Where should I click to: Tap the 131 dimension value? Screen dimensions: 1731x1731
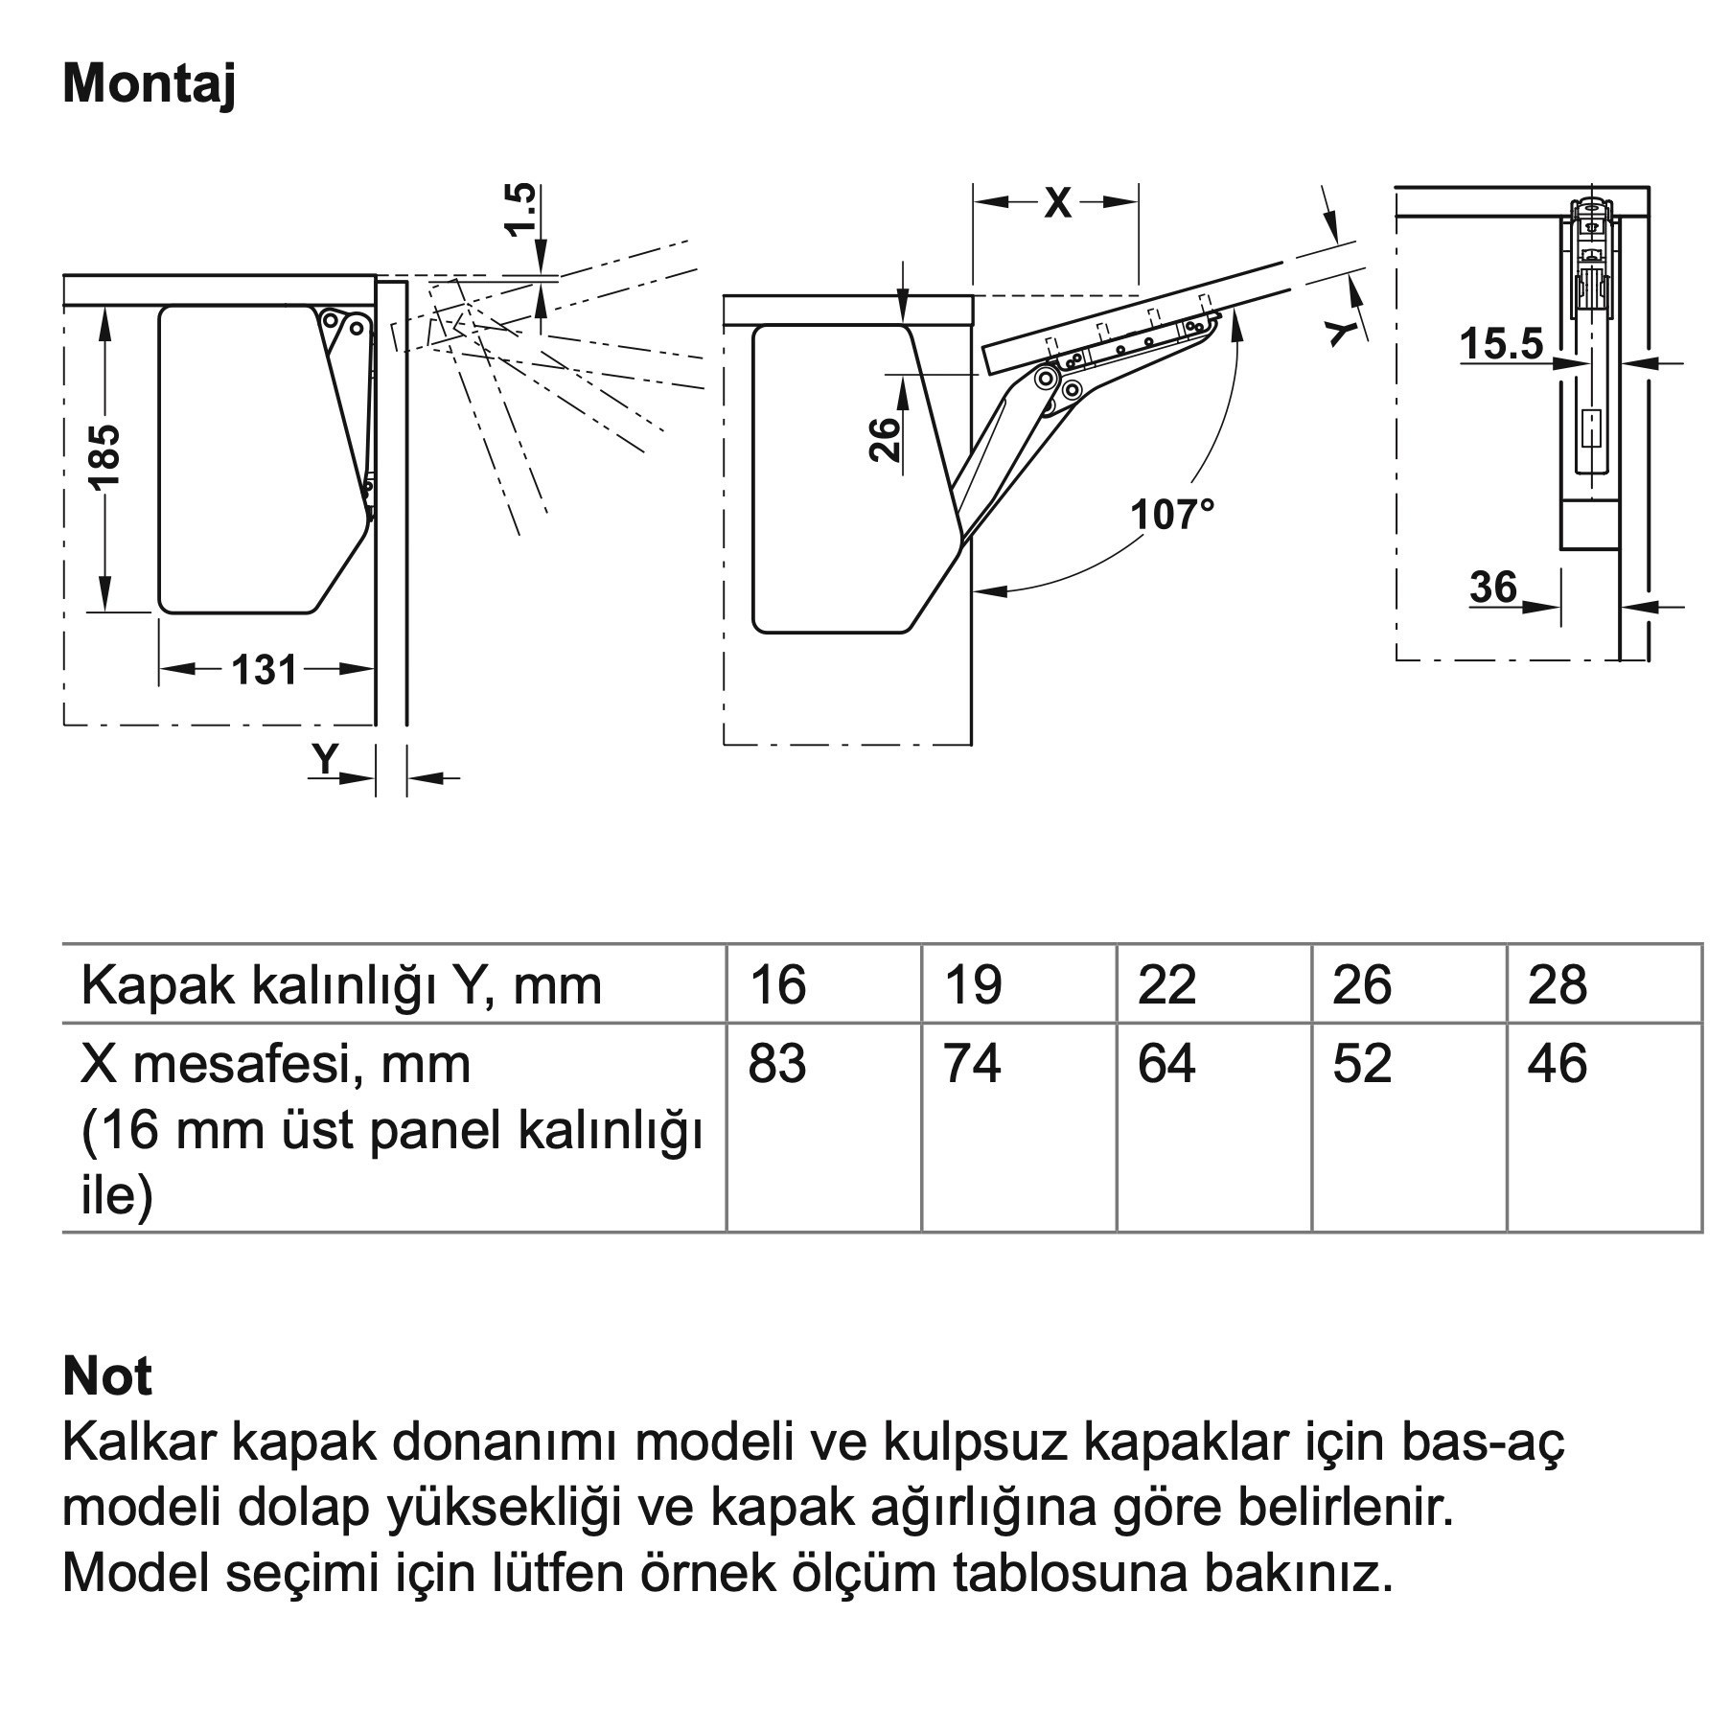[x=264, y=669]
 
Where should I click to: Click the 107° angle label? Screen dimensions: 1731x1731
[x=1171, y=515]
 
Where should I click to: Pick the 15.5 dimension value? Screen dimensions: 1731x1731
[x=1502, y=343]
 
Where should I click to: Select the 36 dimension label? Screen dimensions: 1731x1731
[x=1493, y=587]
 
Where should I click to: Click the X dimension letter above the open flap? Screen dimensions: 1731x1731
[x=1057, y=202]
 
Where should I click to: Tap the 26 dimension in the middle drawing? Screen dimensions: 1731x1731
[x=886, y=440]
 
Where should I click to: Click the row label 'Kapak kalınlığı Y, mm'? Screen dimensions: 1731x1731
[x=341, y=985]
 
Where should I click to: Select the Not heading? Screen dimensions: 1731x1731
[x=106, y=1376]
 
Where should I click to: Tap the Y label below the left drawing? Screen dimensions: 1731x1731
[x=326, y=759]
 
